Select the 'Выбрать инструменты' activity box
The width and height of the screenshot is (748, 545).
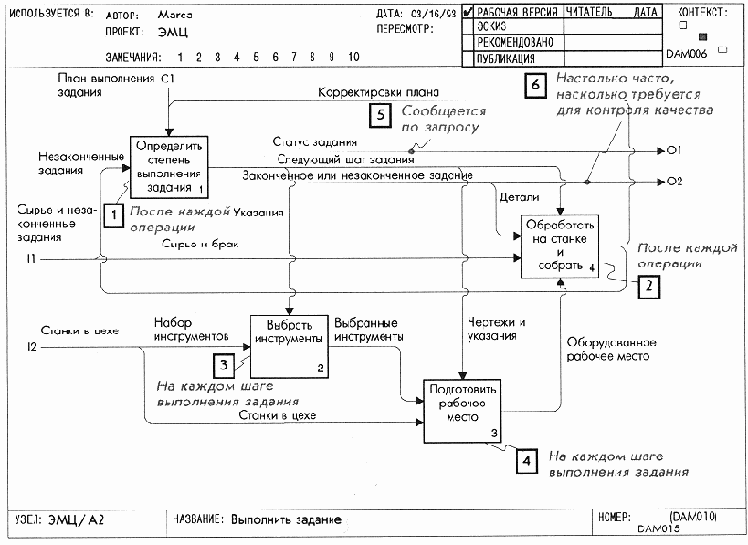coord(288,344)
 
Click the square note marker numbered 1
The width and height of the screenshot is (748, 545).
coord(113,215)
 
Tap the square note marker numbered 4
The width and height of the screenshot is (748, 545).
coord(525,461)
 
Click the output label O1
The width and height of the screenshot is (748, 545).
coord(676,150)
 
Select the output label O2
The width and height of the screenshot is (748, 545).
coord(676,181)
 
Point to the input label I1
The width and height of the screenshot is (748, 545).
coord(30,260)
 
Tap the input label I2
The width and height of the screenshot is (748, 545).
coord(30,346)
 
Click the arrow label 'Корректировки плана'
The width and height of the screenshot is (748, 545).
coord(378,93)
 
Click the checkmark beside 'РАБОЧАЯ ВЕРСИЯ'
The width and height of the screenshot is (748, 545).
coord(468,13)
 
